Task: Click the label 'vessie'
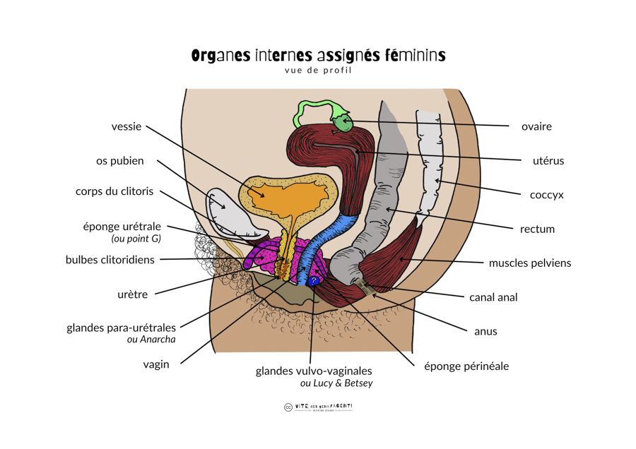tap(126, 127)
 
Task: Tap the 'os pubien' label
tap(120, 161)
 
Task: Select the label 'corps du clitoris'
tap(114, 192)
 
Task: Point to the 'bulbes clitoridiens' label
tap(110, 260)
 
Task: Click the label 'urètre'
tap(133, 294)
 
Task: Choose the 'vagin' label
tap(156, 364)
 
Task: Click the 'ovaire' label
tap(536, 127)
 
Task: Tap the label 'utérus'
tap(548, 161)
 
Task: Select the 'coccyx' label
tap(547, 195)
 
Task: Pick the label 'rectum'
tap(537, 229)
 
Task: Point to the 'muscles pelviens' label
tap(530, 263)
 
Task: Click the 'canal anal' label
tap(493, 297)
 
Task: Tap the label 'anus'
tap(486, 331)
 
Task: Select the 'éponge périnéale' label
tap(466, 366)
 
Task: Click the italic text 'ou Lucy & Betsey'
tap(336, 383)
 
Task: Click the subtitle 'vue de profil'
tap(318, 70)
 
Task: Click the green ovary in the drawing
tap(344, 124)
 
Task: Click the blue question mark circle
tap(313, 281)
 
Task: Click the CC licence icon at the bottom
tap(288, 407)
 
